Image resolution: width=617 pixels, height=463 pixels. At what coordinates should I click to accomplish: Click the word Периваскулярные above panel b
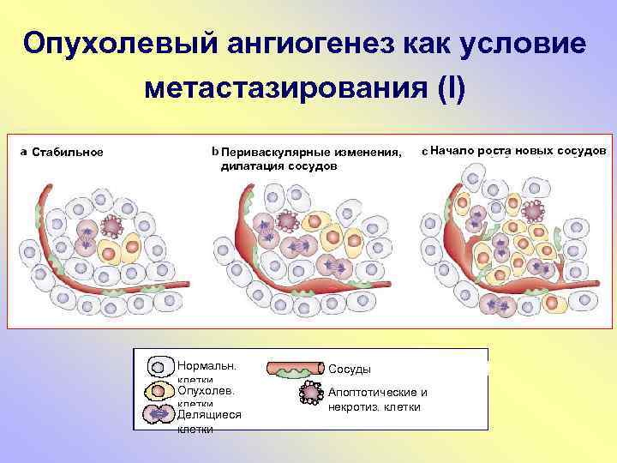(279, 153)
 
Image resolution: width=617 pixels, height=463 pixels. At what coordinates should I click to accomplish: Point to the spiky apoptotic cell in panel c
(534, 210)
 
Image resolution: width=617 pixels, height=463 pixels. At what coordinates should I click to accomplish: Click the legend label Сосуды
(350, 369)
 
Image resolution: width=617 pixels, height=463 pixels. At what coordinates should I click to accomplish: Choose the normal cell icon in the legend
(159, 368)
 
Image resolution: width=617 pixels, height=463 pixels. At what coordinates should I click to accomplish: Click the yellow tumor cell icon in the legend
(159, 391)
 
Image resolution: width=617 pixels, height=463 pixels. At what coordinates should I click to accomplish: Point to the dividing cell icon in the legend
(159, 414)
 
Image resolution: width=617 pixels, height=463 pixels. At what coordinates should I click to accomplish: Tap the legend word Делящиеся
(208, 414)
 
